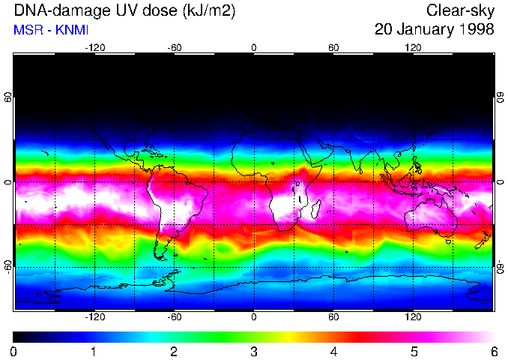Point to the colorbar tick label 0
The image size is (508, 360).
click(14, 351)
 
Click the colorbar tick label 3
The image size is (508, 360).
click(253, 351)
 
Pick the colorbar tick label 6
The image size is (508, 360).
click(493, 351)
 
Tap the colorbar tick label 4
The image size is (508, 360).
click(333, 351)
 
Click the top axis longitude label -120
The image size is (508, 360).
click(94, 47)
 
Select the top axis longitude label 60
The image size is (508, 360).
click(333, 47)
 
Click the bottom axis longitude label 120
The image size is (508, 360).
click(414, 317)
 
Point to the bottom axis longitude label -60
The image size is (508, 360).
click(174, 317)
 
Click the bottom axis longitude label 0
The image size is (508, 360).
click(253, 317)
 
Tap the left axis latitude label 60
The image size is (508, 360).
click(8, 98)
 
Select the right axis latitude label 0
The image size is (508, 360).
click(500, 182)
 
